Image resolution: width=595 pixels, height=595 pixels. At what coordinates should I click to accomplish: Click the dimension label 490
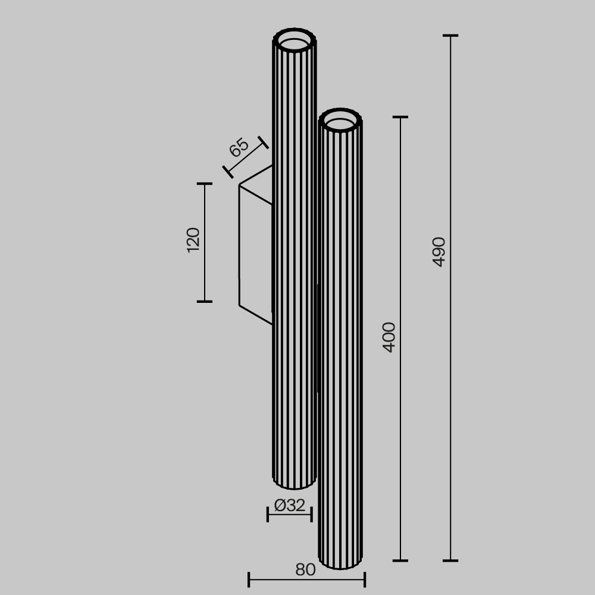(x=439, y=251)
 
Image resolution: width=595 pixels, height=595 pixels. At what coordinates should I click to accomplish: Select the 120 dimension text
(x=193, y=240)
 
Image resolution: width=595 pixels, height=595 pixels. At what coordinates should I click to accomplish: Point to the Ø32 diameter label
(x=290, y=506)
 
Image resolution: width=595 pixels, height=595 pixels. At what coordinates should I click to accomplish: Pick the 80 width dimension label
(x=305, y=570)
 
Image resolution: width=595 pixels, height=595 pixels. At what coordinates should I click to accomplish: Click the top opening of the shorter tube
(x=340, y=124)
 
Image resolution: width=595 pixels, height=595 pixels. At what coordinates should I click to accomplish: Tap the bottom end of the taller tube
(x=295, y=483)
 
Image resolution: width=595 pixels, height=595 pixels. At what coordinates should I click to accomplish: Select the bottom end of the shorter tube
(x=340, y=562)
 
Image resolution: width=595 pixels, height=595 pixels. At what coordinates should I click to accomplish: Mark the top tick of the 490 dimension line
(x=450, y=36)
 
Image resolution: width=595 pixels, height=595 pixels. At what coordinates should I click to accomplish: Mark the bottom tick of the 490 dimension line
(x=450, y=560)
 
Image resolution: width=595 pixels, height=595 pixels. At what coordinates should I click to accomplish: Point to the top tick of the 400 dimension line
(x=400, y=117)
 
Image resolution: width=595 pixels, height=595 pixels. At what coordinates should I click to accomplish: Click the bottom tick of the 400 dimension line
(x=400, y=560)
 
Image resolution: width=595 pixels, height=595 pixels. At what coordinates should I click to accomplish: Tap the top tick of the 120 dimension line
(x=205, y=184)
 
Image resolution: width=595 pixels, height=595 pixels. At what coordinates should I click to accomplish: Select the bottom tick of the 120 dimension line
(x=205, y=302)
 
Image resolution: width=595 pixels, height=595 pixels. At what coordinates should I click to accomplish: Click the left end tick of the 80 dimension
(x=249, y=579)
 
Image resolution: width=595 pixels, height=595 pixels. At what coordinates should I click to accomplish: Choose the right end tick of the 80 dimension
(x=365, y=579)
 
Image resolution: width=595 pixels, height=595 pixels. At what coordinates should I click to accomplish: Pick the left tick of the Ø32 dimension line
(x=268, y=515)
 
